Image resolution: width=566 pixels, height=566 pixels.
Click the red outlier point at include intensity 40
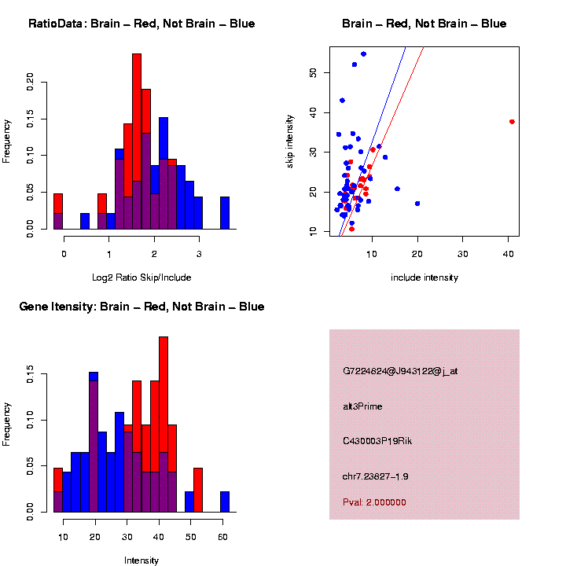coord(512,122)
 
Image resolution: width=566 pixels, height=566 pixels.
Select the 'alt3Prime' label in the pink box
coord(362,406)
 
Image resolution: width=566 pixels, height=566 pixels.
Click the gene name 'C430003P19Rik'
coord(377,441)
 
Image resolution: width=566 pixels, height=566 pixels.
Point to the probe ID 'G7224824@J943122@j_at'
coord(399,371)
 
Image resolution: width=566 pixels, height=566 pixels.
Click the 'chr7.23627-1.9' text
coord(375,476)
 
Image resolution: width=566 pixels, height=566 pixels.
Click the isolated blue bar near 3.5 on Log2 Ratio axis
coord(225,212)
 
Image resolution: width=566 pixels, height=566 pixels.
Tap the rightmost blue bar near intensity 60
coord(225,502)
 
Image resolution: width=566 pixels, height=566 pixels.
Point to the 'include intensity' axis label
coord(424,277)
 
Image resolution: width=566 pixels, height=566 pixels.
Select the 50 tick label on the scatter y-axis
coord(313,72)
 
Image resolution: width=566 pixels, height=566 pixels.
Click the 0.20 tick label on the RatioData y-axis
coord(31,82)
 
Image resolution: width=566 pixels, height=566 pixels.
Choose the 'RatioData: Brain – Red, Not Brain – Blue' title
coord(141,24)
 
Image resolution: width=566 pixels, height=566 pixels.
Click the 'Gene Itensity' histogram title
coord(141,307)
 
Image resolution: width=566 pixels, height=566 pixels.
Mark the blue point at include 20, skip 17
coord(417,204)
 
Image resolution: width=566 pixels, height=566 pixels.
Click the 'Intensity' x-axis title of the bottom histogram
coord(141,560)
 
